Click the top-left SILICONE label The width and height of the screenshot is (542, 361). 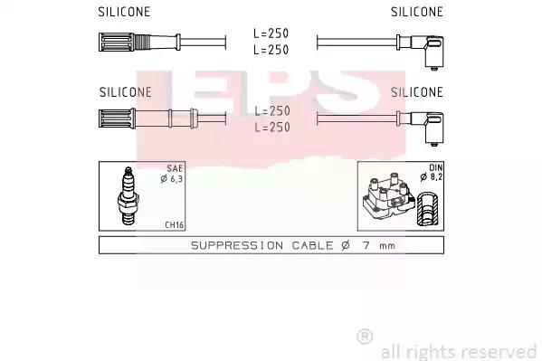124,12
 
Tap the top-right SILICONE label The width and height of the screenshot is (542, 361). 417,12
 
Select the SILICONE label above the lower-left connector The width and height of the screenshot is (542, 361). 126,92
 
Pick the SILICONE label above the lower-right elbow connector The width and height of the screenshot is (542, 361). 417,92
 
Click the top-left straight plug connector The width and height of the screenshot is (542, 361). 139,43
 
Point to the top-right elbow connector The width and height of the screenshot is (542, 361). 421,52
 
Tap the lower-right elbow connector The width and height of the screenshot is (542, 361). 421,128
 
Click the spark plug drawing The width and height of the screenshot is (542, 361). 128,195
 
